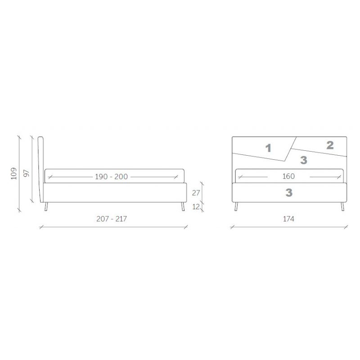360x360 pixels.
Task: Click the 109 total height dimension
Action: tap(14, 173)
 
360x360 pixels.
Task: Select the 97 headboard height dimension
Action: tap(27, 173)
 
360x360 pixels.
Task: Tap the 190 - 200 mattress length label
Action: tap(111, 176)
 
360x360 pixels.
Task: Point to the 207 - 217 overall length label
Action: tap(112, 219)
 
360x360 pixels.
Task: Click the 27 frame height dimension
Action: tap(196, 193)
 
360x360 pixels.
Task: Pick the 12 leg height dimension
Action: tap(196, 207)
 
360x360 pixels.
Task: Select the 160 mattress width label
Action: tap(288, 176)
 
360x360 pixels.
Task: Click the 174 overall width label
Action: tap(288, 219)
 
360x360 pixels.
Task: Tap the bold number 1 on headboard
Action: tap(268, 148)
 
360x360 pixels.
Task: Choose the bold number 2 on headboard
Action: tap(330, 145)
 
